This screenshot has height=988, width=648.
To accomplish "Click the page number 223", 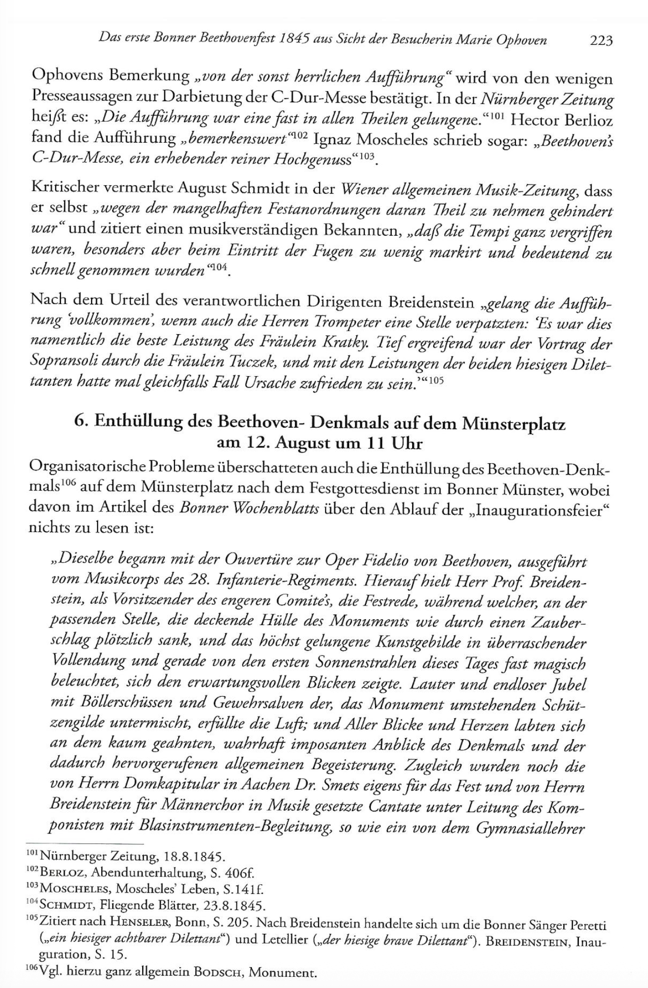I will click(600, 40).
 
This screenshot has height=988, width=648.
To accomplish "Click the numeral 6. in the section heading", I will click(80, 422).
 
